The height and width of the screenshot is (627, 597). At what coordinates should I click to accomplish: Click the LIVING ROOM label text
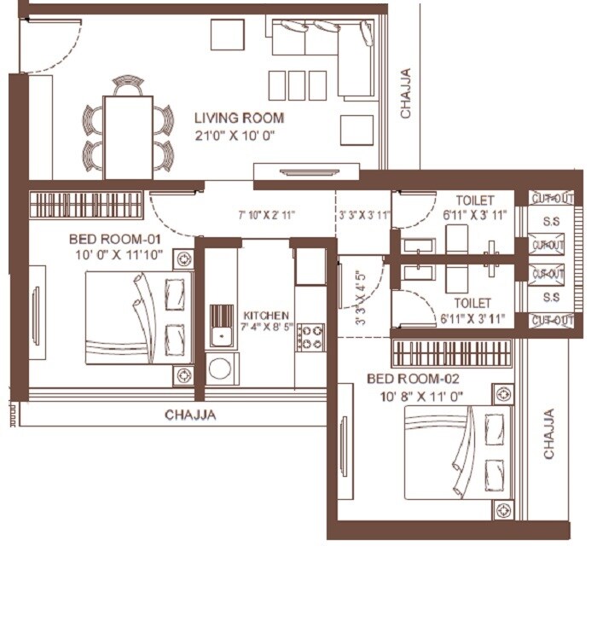coord(239,119)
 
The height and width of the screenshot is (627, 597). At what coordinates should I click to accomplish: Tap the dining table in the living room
coord(128,136)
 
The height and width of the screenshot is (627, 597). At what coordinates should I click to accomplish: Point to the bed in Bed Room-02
coord(456,451)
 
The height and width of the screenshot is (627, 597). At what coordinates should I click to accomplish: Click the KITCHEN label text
coord(266,316)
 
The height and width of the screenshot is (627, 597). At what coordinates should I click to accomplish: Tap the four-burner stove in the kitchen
coord(310,336)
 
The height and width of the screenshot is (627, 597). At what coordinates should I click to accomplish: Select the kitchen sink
coord(222,325)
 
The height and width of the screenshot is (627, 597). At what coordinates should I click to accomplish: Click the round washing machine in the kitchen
coord(222,369)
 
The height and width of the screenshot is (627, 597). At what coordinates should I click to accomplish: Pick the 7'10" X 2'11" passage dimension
coord(266,216)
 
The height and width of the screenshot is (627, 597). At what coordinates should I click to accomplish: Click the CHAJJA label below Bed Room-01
coord(190,415)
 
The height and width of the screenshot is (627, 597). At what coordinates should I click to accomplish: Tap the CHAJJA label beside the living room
coord(406,93)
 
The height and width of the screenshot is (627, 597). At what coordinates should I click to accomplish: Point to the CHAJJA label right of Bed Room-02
coord(548,433)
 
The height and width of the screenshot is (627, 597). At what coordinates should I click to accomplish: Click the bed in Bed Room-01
coord(136,317)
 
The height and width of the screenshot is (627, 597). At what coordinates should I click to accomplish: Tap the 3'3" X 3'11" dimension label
coord(363,216)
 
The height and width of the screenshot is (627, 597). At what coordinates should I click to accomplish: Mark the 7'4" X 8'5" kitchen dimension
coord(266,328)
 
